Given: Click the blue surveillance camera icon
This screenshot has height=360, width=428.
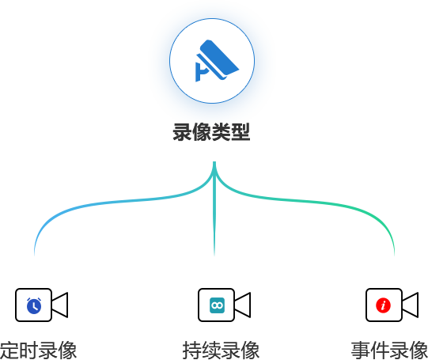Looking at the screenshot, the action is (217, 61).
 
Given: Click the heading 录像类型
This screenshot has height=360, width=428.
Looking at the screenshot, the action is (211, 132).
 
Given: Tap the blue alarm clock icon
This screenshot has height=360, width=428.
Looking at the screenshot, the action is (34, 305).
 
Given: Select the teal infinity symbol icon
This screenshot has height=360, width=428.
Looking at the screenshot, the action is (217, 305).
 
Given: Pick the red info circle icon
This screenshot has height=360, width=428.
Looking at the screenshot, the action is (383, 305).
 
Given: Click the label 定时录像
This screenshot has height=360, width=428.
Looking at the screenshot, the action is (38, 351).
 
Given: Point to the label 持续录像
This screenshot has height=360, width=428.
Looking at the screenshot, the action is (221, 351).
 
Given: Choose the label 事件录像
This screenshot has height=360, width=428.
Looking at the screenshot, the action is (389, 351).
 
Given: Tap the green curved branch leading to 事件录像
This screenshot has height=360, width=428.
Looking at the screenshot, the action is (314, 202).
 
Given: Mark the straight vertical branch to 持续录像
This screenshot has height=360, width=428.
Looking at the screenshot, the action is (214, 209).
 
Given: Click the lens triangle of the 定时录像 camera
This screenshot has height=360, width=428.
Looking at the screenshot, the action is (59, 305).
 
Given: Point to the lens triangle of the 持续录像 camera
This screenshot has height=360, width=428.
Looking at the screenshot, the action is (242, 305).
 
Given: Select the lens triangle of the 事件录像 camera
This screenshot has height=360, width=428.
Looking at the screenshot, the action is (410, 305).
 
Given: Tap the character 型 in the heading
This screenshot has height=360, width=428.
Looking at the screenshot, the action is (241, 132).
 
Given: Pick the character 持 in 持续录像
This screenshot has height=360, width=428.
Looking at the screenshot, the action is (192, 351).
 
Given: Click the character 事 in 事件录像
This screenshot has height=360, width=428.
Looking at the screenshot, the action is (361, 351).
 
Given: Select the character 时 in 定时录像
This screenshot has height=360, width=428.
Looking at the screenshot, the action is (28, 351).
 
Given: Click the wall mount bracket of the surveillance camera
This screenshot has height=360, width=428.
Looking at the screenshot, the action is (201, 72).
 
